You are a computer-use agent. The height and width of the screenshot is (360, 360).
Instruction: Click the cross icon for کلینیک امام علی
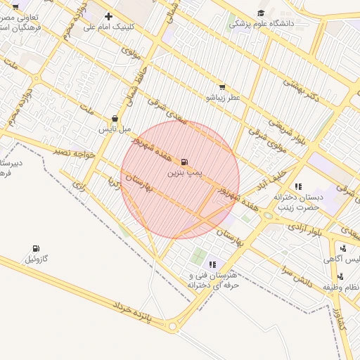pos(108,16)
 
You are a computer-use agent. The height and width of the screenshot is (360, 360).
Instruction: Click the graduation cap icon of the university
pos(261,13)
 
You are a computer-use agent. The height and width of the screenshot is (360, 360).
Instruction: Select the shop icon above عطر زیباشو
pos(222,86)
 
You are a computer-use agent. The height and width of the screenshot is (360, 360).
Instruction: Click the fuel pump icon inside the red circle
pos(185,161)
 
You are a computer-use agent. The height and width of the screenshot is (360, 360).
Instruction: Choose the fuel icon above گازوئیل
pos(36,248)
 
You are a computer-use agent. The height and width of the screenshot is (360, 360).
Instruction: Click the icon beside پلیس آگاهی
pos(342,247)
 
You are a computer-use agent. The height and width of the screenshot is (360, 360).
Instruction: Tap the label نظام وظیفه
pos(342,287)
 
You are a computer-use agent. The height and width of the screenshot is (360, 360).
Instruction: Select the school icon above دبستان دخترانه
pos(299,186)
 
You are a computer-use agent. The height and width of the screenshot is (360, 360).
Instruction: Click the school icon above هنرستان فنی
pos(212,264)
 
